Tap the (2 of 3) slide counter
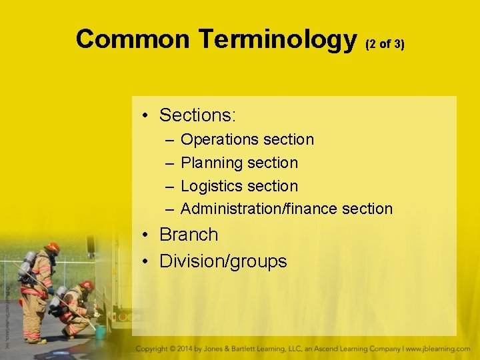pyautogui.click(x=385, y=44)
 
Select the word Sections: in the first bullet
pyautogui.click(x=197, y=115)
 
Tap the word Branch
pyautogui.click(x=189, y=235)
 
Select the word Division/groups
pyautogui.click(x=223, y=261)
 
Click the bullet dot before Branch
pyautogui.click(x=145, y=235)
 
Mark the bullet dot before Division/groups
pyautogui.click(x=145, y=261)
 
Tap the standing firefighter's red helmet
pyautogui.click(x=53, y=247)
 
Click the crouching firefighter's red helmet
pyautogui.click(x=87, y=285)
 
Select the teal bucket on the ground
pyautogui.click(x=100, y=331)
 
